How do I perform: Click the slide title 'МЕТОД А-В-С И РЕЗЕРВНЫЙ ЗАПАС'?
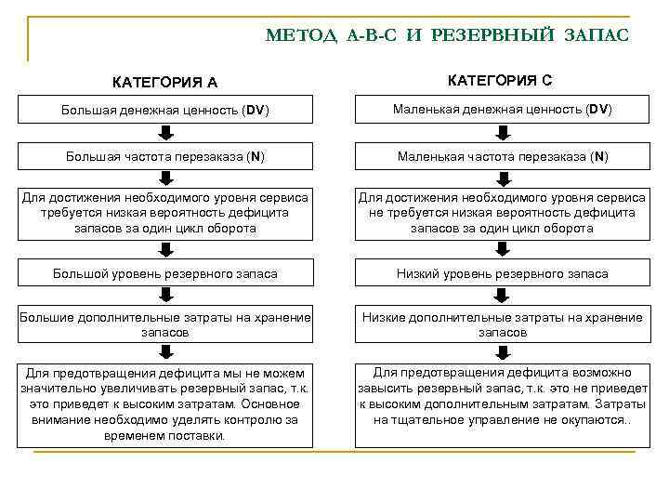(x=447, y=35)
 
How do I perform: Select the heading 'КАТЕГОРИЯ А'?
(x=165, y=82)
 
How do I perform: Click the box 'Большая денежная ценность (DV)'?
(x=165, y=111)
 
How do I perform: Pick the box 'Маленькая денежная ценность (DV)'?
(x=502, y=111)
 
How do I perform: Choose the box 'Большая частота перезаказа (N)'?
(x=165, y=156)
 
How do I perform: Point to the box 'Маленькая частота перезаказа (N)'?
(x=502, y=156)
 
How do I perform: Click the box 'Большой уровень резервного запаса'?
(x=165, y=273)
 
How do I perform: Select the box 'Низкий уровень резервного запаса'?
(x=502, y=273)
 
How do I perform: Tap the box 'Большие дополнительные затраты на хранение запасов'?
(x=165, y=324)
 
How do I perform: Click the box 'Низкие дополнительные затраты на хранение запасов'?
(x=502, y=324)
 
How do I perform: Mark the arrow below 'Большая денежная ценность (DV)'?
(x=165, y=133)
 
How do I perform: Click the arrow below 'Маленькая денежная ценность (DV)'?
(x=502, y=133)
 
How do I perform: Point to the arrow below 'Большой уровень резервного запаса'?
(x=165, y=296)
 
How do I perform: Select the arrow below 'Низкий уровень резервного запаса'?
(x=502, y=296)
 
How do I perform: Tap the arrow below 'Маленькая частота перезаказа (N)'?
(x=502, y=178)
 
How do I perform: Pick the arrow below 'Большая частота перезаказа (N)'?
(x=165, y=178)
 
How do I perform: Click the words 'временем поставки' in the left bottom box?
(x=165, y=435)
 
